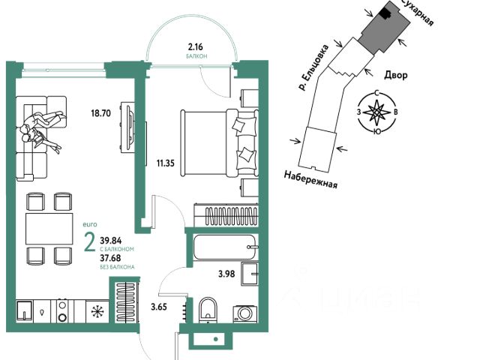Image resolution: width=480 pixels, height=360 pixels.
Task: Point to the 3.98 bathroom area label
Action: point(227,273)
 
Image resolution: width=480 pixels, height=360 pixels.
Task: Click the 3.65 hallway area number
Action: point(159,306)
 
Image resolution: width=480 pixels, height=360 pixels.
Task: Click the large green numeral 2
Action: point(89,243)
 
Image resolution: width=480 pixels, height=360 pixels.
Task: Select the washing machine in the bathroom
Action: point(244,313)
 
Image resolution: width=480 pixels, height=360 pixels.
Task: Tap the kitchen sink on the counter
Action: point(25,310)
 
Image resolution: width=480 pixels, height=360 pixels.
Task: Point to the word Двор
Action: point(396,76)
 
